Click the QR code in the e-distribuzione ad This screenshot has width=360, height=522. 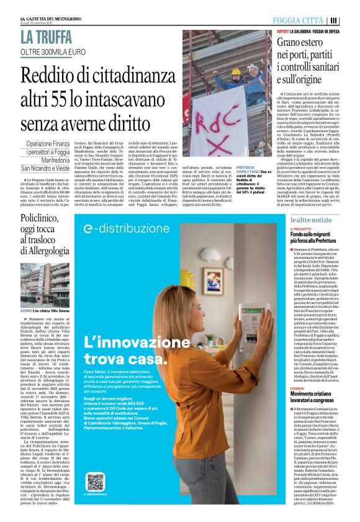click(x=95, y=482)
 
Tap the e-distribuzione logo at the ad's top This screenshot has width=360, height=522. click(x=132, y=228)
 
